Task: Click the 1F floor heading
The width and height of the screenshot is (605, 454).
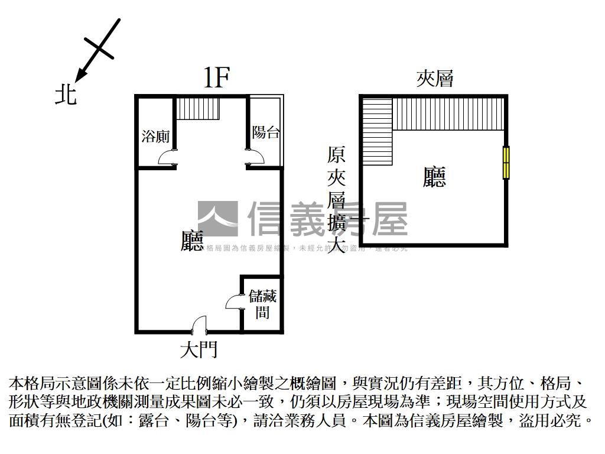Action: (216, 78)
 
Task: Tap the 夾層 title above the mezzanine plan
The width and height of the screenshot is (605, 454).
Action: (435, 79)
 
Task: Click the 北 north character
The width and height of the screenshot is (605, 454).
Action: (66, 95)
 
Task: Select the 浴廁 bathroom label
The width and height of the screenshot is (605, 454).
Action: (155, 137)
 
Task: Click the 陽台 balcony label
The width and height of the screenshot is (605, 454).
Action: (265, 132)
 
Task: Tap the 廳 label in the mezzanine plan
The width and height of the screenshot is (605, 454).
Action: (434, 177)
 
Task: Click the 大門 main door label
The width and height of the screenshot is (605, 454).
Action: (199, 349)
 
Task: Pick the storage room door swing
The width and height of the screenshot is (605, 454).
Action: (234, 301)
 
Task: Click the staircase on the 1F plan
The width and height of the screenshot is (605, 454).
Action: (198, 109)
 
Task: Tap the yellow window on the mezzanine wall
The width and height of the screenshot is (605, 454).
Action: (506, 163)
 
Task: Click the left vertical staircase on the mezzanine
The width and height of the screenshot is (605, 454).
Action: (378, 132)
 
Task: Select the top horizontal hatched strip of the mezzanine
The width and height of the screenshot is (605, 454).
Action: (449, 113)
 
